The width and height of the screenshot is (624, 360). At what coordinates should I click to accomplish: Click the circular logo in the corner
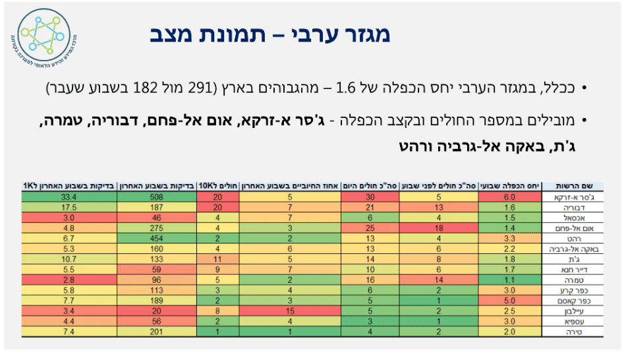tap(42, 38)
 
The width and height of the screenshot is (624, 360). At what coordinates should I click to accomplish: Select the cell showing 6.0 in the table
tap(509, 196)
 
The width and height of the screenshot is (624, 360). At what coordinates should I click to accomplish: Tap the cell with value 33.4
tap(70, 196)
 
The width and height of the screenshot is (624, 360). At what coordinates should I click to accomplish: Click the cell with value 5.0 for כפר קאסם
tap(509, 301)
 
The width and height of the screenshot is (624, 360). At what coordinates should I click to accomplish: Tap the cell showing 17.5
tap(70, 207)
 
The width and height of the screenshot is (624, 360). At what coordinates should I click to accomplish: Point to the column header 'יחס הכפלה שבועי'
tap(509, 187)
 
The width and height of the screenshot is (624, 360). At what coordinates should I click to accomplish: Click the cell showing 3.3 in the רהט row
tap(509, 238)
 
